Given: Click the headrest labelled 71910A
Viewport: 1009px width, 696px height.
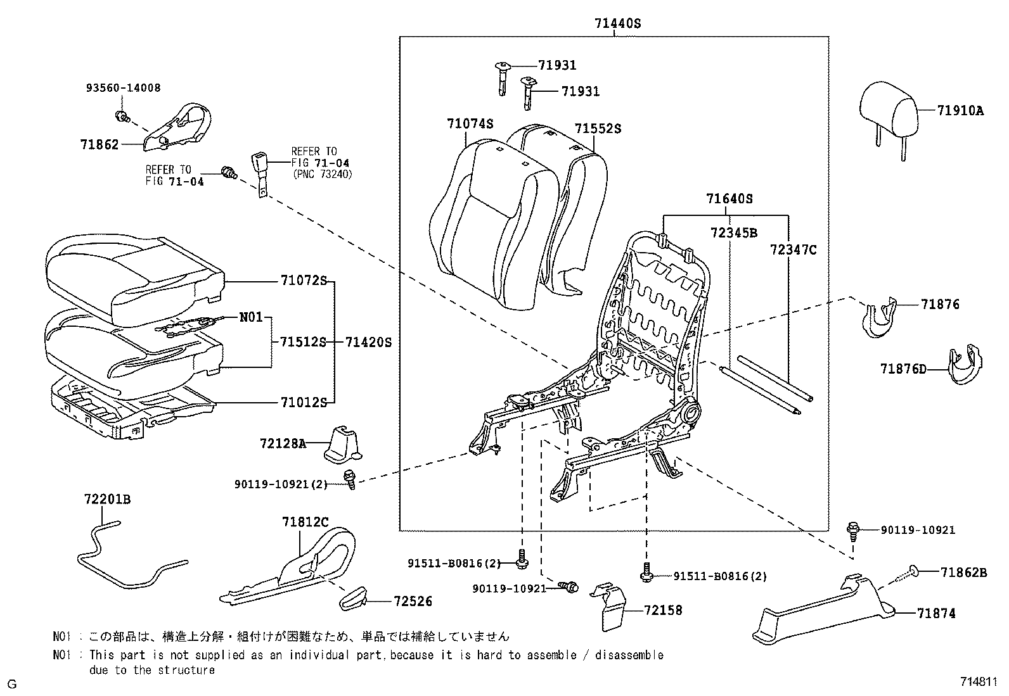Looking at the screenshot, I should (890, 108).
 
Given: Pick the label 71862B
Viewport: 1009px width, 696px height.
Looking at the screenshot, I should (963, 573).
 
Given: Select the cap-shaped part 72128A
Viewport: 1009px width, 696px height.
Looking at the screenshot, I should (342, 443).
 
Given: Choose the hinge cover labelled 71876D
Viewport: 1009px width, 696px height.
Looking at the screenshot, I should (965, 367).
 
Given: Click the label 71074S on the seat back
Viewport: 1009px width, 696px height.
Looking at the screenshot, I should (470, 124).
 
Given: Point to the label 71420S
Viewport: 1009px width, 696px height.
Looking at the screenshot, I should (368, 343).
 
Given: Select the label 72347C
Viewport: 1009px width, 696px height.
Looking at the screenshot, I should (794, 250).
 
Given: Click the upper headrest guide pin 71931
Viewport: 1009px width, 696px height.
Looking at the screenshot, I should (501, 76).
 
